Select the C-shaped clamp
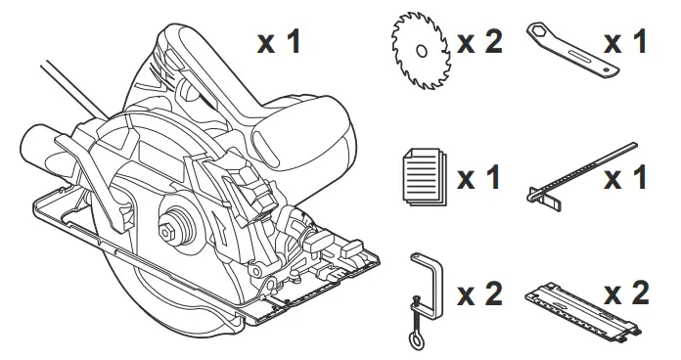pyautogui.click(x=427, y=290)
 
